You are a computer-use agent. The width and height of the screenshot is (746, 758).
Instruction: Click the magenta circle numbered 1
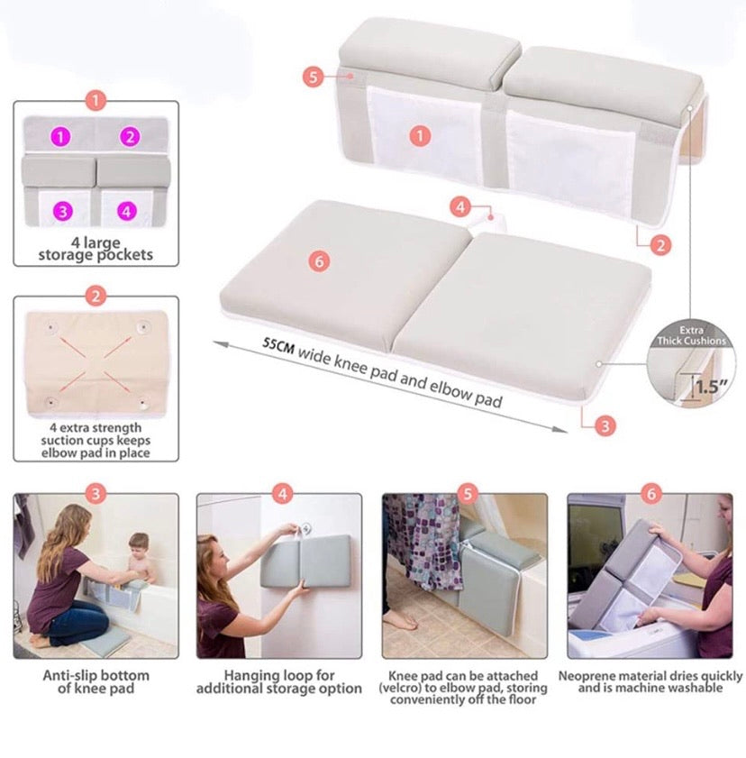click(x=60, y=137)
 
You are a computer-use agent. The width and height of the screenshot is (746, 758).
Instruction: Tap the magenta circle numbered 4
click(x=126, y=211)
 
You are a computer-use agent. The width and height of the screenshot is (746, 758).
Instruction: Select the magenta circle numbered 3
click(x=61, y=211)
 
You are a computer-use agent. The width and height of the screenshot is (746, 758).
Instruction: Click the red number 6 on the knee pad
click(x=320, y=261)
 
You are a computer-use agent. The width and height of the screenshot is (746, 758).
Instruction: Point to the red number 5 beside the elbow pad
click(x=313, y=77)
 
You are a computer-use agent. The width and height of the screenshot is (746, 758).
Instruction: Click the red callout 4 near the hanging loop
click(x=460, y=207)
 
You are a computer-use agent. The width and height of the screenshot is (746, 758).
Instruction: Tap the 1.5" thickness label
click(x=711, y=388)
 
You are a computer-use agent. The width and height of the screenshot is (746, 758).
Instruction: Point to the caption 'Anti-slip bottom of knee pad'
click(x=96, y=682)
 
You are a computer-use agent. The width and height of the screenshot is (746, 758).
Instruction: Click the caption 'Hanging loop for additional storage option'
click(x=279, y=682)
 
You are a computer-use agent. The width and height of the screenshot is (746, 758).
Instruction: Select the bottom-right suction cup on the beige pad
click(x=142, y=401)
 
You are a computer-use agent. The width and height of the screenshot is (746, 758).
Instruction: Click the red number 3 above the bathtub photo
click(x=96, y=493)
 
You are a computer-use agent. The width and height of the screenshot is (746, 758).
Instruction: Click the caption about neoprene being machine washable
click(x=650, y=682)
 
